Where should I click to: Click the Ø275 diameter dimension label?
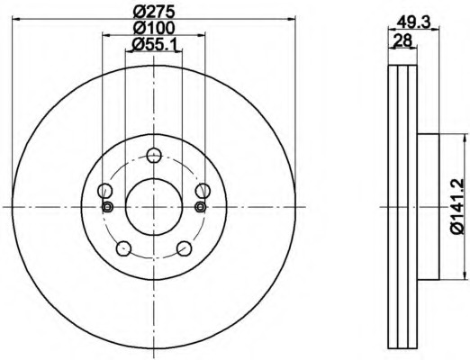pos(153,12)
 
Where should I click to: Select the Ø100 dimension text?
pos(153,28)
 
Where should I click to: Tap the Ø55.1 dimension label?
pos(153,45)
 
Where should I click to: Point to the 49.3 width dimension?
pos(413,22)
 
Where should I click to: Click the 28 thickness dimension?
pos(402,40)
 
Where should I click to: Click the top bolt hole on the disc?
pos(154,155)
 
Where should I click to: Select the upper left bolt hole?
pos(105,191)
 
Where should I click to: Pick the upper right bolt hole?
pos(203,191)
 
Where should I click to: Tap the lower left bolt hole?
pos(123,248)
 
